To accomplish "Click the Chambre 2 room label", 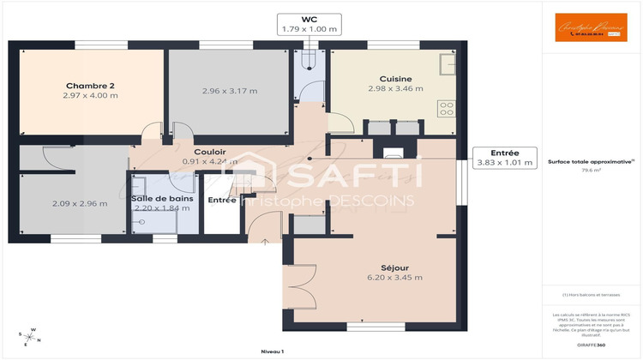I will [89, 85].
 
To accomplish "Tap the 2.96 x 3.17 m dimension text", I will [229, 91].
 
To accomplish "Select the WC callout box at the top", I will [309, 24].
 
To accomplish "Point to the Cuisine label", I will [395, 78].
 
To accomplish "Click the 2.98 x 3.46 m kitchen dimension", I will [395, 88].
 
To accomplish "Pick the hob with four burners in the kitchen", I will [446, 108].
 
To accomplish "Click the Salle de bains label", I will [160, 199].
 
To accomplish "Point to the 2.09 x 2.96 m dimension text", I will [80, 203].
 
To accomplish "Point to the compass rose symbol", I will [28, 336].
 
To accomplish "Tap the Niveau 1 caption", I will [273, 351].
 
